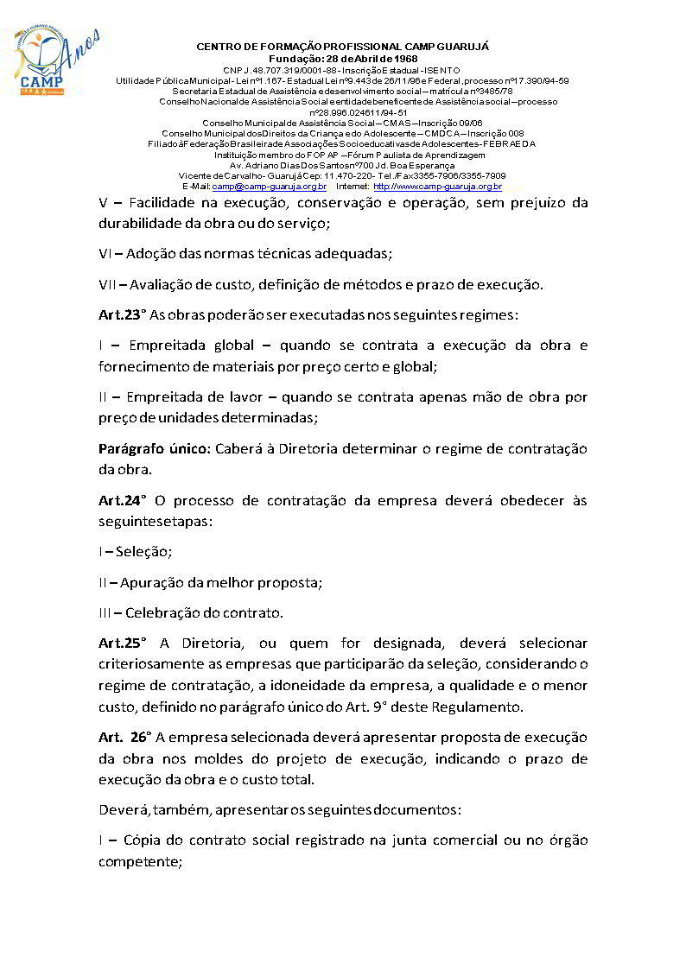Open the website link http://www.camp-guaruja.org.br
pos(437,187)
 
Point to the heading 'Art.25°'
pos(123,643)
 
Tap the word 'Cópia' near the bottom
pos(143,840)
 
